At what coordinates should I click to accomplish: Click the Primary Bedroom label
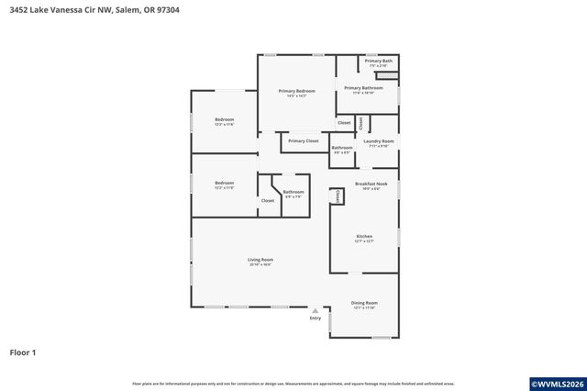click(297, 91)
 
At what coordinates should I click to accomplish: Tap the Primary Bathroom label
click(364, 88)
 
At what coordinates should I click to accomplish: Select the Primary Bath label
click(379, 61)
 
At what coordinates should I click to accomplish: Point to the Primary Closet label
click(303, 140)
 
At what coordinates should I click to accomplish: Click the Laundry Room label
click(379, 141)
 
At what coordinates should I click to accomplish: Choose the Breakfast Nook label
click(364, 184)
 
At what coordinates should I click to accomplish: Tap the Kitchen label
click(364, 236)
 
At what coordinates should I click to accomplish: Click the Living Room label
click(260, 260)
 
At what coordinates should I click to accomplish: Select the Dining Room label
click(364, 303)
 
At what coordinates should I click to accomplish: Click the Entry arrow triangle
click(316, 311)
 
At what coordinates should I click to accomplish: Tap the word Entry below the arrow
click(316, 318)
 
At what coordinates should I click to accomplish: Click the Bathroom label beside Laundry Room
click(342, 147)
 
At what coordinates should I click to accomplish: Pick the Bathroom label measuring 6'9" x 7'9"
click(293, 192)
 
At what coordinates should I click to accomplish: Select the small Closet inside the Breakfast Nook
click(337, 195)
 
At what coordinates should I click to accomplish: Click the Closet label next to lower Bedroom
click(268, 200)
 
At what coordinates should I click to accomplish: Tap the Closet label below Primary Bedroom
click(344, 122)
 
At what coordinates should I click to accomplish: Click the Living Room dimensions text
click(260, 265)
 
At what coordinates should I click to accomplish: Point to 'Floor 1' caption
click(22, 352)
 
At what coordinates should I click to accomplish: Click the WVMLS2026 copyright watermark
click(556, 383)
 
